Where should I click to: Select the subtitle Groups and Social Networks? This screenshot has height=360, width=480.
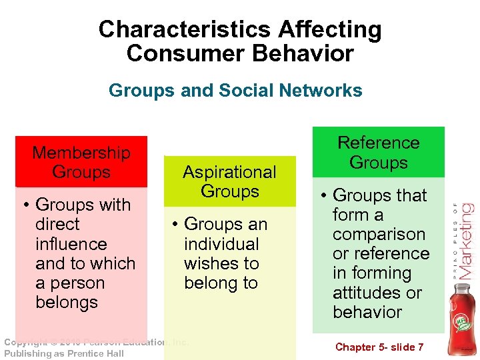pyautogui.click(x=235, y=90)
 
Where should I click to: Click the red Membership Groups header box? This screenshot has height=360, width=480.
pyautogui.click(x=81, y=162)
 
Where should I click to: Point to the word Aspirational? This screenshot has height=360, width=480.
pyautogui.click(x=229, y=172)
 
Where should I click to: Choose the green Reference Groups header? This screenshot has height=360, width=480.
pyautogui.click(x=378, y=152)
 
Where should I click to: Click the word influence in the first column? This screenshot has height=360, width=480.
pyautogui.click(x=71, y=244)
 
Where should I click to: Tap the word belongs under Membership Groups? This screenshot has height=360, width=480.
pyautogui.click(x=67, y=302)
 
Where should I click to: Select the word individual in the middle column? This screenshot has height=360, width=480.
pyautogui.click(x=221, y=244)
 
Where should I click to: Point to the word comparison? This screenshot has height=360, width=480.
pyautogui.click(x=379, y=234)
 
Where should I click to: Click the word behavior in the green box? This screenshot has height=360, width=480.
pyautogui.click(x=367, y=311)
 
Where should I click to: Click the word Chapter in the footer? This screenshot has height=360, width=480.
pyautogui.click(x=355, y=347)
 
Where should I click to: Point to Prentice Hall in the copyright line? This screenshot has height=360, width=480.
pyautogui.click(x=95, y=353)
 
